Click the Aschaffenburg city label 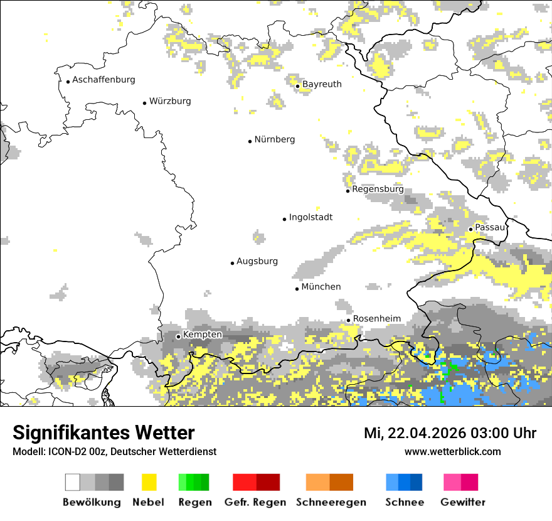click(x=103, y=80)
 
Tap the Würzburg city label click(x=170, y=101)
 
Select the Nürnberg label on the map click(x=275, y=139)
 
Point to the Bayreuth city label click(x=322, y=84)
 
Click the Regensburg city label click(x=378, y=189)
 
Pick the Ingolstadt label click(x=310, y=217)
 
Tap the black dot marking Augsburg click(x=232, y=263)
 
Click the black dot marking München click(x=297, y=289)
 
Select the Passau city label click(x=490, y=227)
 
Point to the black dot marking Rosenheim click(x=349, y=320)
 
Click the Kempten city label click(x=202, y=335)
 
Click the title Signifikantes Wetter click(x=103, y=432)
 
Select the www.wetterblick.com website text click(x=452, y=451)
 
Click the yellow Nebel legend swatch click(x=149, y=482)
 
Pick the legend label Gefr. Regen click(x=255, y=502)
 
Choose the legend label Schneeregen click(x=331, y=502)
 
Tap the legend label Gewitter click(x=463, y=502)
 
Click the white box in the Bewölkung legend click(x=73, y=482)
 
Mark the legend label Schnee click(x=404, y=502)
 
